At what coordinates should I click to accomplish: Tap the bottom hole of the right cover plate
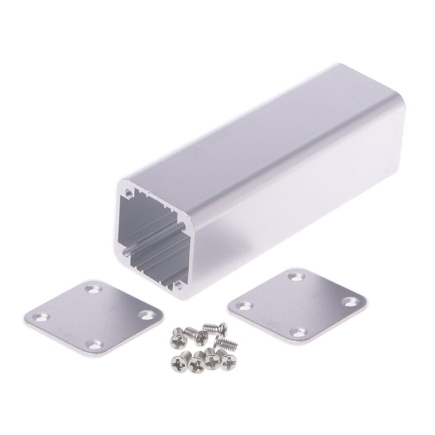pos(295,331)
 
